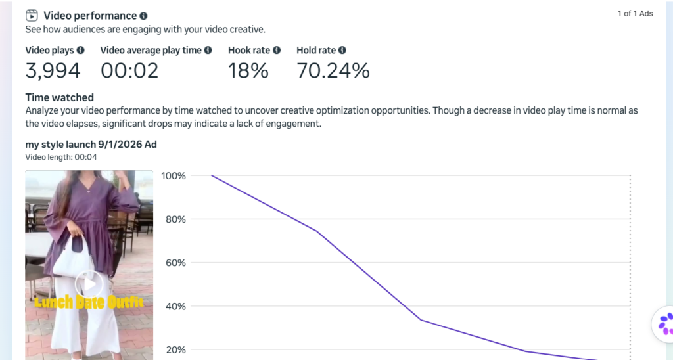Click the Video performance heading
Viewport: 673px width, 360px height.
[x=90, y=16]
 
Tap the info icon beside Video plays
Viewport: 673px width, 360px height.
[x=80, y=50]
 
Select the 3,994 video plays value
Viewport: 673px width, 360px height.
[x=53, y=71]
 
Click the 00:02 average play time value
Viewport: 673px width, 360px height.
[x=129, y=71]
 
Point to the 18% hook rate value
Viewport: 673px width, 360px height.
[x=248, y=71]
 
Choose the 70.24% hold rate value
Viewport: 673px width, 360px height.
[x=333, y=71]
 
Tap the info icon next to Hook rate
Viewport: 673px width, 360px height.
[x=277, y=50]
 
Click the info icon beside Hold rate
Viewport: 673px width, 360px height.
[x=342, y=50]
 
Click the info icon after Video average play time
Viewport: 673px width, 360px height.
[x=208, y=50]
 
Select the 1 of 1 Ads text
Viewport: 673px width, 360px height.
[x=636, y=14]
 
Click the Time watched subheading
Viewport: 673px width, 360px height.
[x=60, y=97]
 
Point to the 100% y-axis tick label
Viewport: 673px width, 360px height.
[x=174, y=176]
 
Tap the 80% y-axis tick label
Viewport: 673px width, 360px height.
[x=175, y=219]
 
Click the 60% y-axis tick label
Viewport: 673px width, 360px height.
[x=175, y=263]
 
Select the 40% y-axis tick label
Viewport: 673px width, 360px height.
[x=175, y=306]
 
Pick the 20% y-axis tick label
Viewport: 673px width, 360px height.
[x=175, y=350]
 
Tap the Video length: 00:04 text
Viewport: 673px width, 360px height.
[x=61, y=157]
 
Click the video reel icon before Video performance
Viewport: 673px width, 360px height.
[x=32, y=16]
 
